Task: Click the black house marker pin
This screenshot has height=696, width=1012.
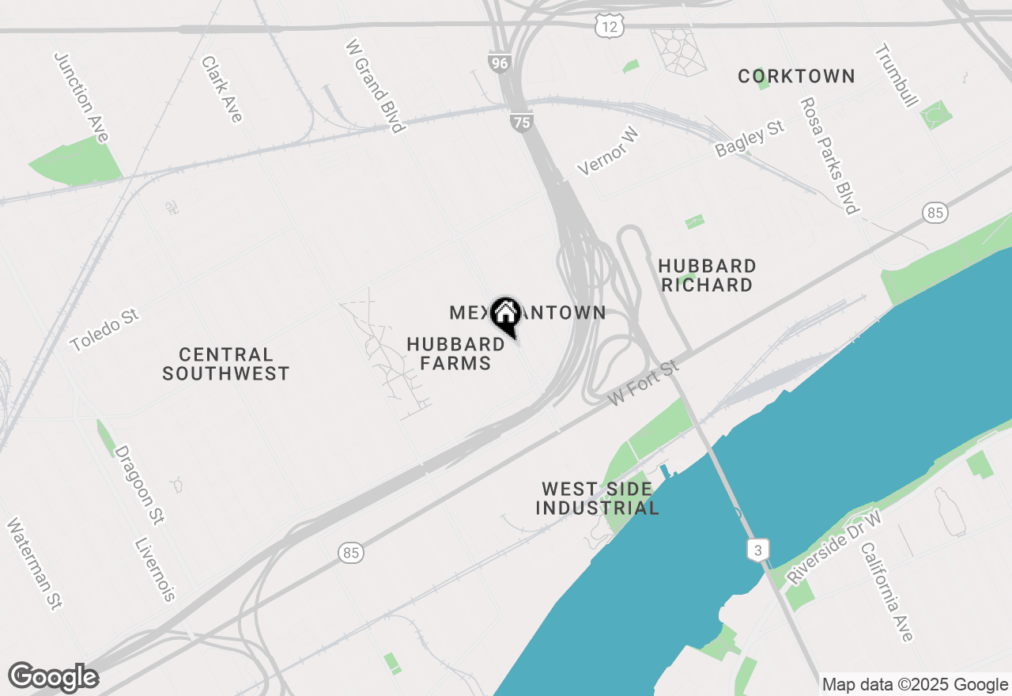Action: (505, 315)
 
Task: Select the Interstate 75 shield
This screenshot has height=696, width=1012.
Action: (522, 122)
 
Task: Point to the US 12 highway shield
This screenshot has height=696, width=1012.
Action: (610, 27)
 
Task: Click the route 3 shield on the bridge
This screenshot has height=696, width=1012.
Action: (757, 550)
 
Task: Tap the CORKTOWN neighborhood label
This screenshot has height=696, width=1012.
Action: (796, 76)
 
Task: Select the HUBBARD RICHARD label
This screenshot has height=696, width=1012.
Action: (707, 275)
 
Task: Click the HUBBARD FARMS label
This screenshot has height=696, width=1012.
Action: (455, 354)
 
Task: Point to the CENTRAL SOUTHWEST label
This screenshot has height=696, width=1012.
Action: (226, 364)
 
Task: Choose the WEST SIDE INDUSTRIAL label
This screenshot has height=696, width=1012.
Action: (597, 498)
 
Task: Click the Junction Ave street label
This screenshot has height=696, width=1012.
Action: (81, 97)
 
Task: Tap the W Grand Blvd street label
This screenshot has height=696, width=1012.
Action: (376, 85)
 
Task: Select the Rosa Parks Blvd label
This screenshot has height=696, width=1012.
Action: (829, 156)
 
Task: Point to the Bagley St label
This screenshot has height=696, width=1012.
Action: (750, 138)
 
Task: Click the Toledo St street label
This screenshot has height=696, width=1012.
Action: (104, 331)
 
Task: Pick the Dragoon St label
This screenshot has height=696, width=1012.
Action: (140, 485)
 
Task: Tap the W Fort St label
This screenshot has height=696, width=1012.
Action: (644, 384)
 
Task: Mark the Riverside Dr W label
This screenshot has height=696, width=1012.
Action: (835, 547)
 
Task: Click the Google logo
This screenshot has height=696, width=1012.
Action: (53, 677)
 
